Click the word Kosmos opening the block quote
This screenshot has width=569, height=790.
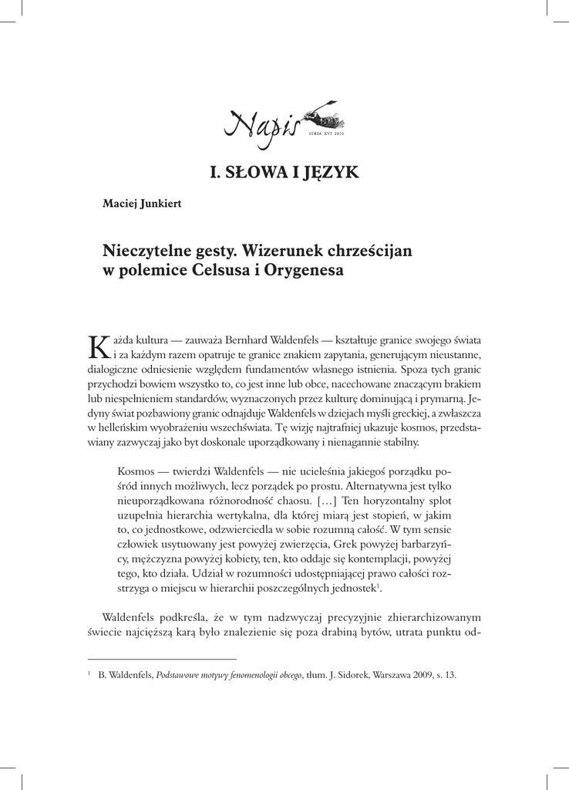(136, 471)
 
